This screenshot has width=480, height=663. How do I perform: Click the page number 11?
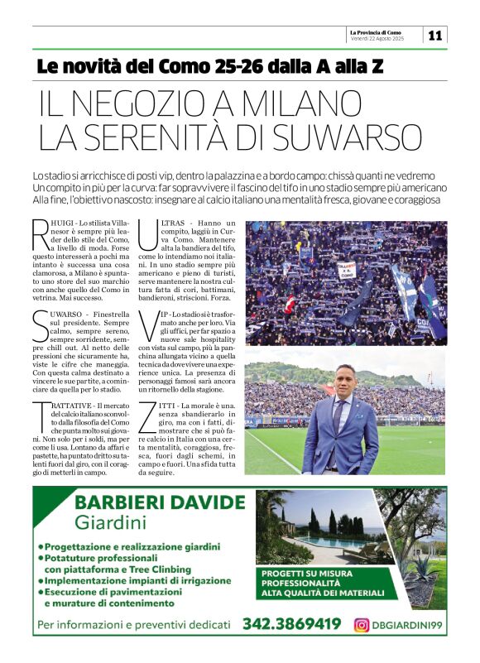[435, 35]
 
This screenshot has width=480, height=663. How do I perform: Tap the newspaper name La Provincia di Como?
[377, 31]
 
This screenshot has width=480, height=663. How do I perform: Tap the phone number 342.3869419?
[291, 624]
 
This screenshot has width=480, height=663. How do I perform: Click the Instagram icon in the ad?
[361, 625]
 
